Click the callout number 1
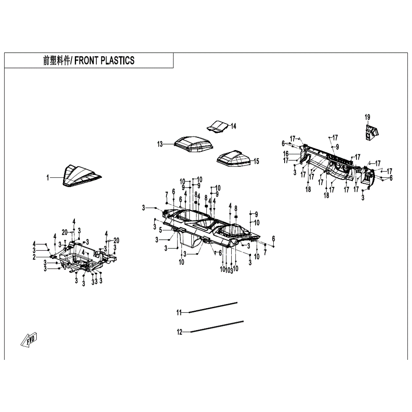point(48,178)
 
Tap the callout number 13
point(160,144)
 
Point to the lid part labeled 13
point(194,144)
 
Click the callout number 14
point(233,126)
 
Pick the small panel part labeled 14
point(218,126)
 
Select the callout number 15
point(256,161)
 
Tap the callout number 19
point(367,117)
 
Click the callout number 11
point(179,312)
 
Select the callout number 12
point(180,332)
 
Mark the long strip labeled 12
point(217,327)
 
